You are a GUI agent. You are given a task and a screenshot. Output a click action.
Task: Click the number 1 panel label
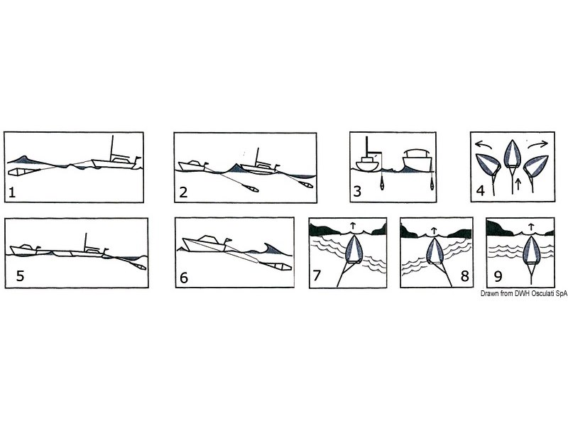pyautogui.click(x=12, y=192)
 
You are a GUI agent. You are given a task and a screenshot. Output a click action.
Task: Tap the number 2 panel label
pyautogui.click(x=183, y=192)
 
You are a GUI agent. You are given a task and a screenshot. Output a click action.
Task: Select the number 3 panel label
pyautogui.click(x=357, y=191)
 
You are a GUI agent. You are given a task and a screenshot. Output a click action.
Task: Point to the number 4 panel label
pyautogui.click(x=481, y=190)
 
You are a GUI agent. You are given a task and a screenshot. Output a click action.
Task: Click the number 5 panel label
pyautogui.click(x=21, y=275)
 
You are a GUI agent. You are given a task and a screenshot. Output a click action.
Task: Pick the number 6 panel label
pyautogui.click(x=184, y=278)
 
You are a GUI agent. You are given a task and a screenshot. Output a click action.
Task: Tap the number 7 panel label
pyautogui.click(x=317, y=275)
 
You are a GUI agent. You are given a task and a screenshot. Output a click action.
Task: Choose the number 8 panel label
pyautogui.click(x=465, y=276)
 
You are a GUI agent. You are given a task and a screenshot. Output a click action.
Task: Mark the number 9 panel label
pyautogui.click(x=498, y=276)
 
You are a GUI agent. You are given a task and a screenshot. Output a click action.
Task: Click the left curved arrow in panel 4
pyautogui.click(x=484, y=145)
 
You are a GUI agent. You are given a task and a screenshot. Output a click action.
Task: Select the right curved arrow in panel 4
pyautogui.click(x=538, y=145)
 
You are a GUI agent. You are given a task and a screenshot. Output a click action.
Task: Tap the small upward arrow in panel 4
pyautogui.click(x=518, y=184)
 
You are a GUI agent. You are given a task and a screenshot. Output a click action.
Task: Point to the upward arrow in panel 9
pyautogui.click(x=530, y=226)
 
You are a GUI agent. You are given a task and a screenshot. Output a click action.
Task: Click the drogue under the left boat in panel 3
pyautogui.click(x=382, y=184)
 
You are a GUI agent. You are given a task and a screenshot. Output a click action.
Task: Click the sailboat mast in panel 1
pyautogui.click(x=112, y=148)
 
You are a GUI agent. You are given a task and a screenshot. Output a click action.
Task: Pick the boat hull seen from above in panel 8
pyautogui.click(x=435, y=250)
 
